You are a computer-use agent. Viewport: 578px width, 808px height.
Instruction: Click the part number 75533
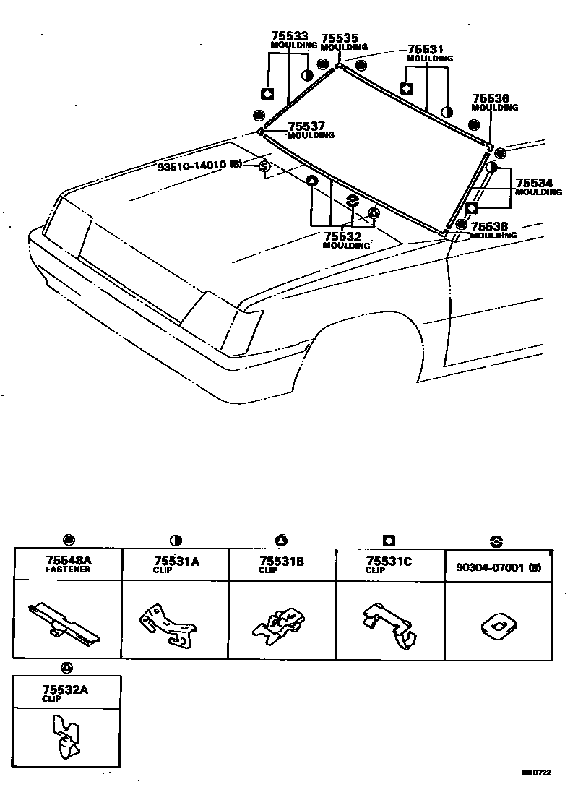[289, 35]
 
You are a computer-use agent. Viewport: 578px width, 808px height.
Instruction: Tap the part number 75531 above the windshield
[426, 50]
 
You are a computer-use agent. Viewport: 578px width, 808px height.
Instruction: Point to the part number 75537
[306, 126]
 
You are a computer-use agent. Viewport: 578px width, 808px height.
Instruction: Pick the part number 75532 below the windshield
[342, 236]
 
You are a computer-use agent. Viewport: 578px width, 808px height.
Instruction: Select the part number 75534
[534, 184]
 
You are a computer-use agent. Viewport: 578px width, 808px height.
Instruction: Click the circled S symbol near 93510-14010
[264, 167]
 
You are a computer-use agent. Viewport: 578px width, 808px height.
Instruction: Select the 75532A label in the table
[66, 689]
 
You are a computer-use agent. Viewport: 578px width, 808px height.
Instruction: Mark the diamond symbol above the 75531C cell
[389, 540]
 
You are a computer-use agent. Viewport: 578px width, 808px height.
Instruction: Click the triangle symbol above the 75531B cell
[281, 540]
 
